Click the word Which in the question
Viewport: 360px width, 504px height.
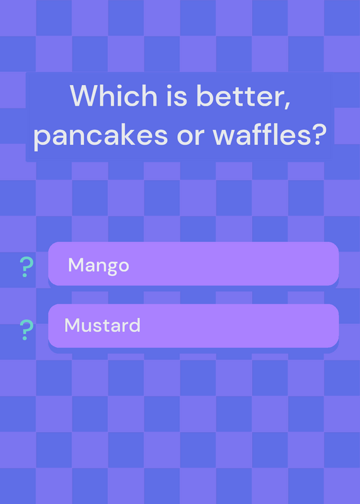[113, 96]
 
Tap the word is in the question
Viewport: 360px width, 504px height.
[177, 96]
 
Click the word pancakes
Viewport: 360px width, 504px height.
[100, 135]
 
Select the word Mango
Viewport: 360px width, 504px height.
[98, 266]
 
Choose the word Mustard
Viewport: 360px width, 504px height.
[102, 325]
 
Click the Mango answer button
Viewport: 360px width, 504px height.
[194, 263]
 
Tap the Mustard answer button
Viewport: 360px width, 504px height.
[194, 326]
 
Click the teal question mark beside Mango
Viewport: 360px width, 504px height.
[26, 267]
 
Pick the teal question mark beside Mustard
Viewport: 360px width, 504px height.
[26, 330]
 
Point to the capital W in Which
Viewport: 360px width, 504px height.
[86, 96]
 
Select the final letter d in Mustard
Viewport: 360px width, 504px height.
[135, 325]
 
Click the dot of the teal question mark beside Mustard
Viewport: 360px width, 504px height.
[25, 338]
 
